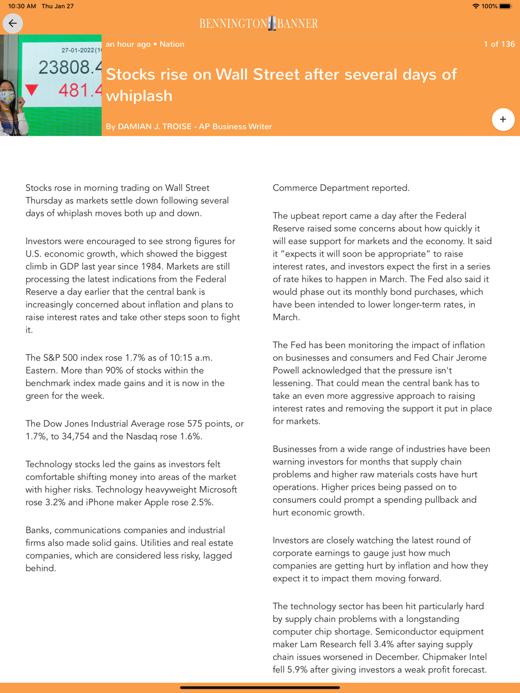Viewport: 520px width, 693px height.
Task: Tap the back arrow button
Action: (x=13, y=23)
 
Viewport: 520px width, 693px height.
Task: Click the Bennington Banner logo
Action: (x=258, y=23)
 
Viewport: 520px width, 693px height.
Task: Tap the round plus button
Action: (x=503, y=119)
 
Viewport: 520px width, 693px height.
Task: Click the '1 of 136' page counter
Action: (x=499, y=44)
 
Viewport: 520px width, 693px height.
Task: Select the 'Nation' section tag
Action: (x=172, y=44)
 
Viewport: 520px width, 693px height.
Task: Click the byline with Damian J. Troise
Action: (x=188, y=126)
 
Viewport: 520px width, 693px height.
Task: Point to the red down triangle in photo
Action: (x=32, y=90)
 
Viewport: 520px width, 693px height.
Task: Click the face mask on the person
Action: (x=7, y=97)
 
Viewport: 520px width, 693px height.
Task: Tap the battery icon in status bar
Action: (x=505, y=6)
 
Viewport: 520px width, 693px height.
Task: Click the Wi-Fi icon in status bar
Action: (x=475, y=6)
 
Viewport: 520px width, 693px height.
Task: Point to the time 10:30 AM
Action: (x=22, y=6)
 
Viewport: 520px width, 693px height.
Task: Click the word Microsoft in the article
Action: (x=214, y=489)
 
